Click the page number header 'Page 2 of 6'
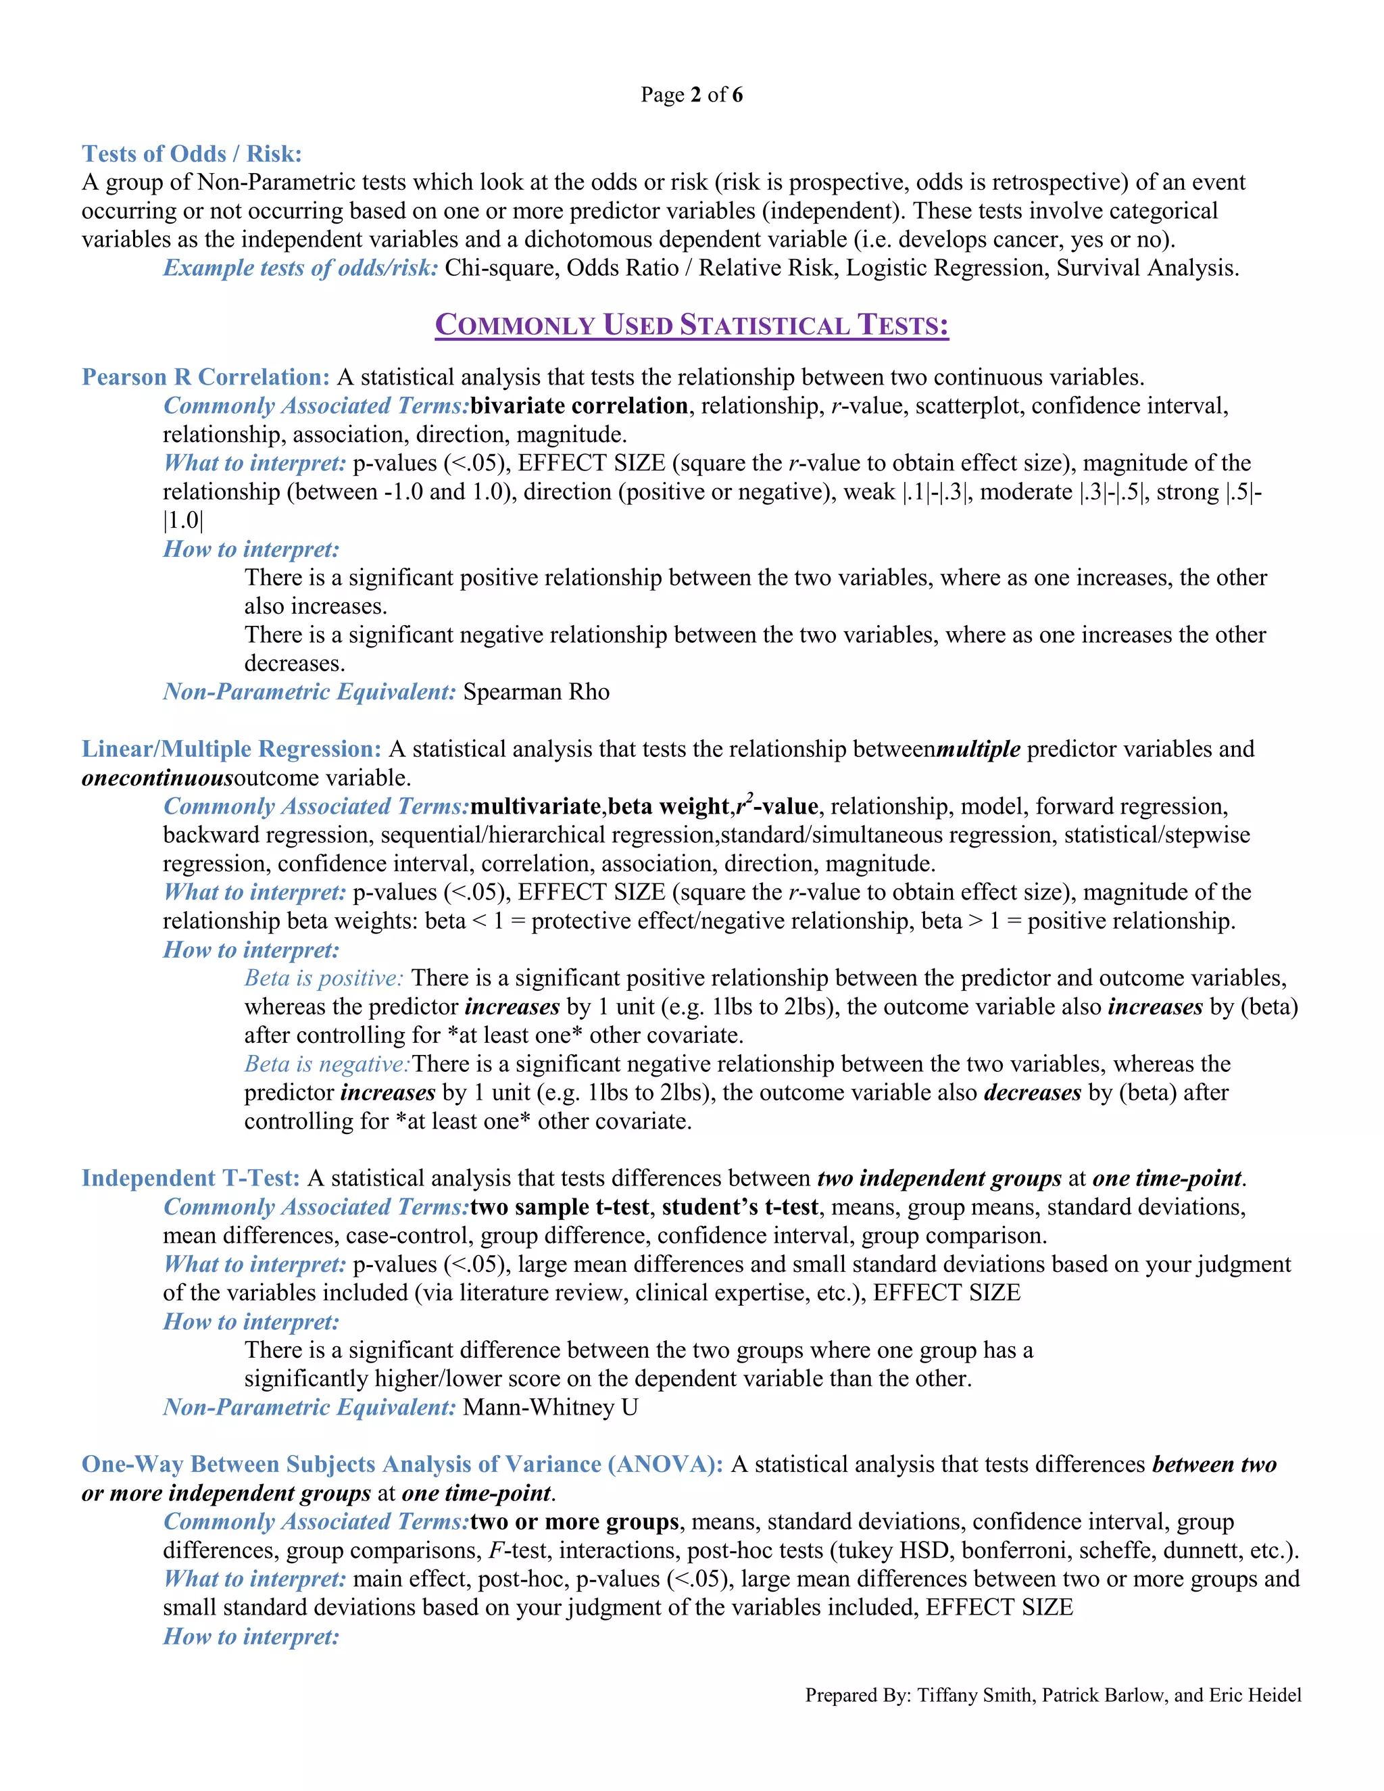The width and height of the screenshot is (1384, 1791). pos(691,95)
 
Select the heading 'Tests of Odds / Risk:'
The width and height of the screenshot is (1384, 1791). pos(192,153)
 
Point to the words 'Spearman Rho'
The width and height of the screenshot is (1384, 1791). pos(536,692)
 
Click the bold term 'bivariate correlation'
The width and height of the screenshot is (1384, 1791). pos(579,406)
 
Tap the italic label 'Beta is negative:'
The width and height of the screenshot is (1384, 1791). pos(327,1064)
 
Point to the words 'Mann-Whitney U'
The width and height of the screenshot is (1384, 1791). pos(550,1407)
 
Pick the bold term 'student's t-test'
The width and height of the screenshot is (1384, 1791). pos(741,1207)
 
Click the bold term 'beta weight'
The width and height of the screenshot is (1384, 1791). pos(668,807)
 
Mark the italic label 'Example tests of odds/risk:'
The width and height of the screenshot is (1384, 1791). pos(300,268)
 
